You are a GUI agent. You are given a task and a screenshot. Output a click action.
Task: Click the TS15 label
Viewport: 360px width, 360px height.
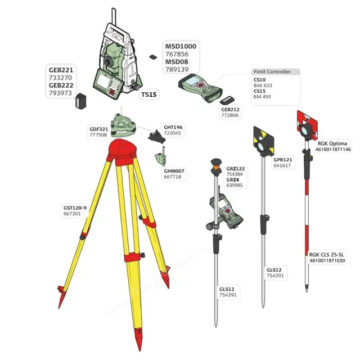(x=148, y=95)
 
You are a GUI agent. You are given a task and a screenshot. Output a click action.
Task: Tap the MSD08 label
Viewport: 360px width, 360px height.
(x=176, y=61)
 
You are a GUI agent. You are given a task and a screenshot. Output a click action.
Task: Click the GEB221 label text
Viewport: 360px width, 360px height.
(x=61, y=70)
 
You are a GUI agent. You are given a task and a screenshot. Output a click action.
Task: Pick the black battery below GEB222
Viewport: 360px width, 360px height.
(x=82, y=102)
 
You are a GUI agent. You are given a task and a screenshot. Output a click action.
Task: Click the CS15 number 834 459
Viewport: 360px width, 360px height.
(x=263, y=97)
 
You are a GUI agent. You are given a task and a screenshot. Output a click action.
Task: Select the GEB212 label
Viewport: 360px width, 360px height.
(x=230, y=109)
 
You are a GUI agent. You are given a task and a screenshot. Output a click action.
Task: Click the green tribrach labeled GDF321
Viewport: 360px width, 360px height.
(x=123, y=125)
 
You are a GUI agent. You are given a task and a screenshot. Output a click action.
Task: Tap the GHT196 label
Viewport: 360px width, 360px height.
(x=173, y=127)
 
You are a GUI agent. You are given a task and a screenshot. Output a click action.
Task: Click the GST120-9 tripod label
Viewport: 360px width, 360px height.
(x=75, y=208)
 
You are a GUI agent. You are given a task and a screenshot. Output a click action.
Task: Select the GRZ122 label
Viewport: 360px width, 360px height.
(x=236, y=169)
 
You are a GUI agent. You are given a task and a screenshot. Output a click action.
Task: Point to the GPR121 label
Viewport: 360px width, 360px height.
(x=283, y=160)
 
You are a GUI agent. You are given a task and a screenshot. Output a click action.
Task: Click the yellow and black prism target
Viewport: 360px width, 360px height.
(x=262, y=136)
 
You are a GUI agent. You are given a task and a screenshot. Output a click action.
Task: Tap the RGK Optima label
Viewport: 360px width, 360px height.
(x=333, y=143)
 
